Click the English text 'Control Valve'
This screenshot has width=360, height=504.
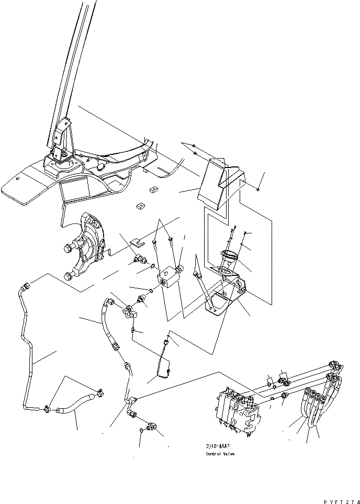(x=220, y=454)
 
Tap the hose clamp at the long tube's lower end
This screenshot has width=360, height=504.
(x=48, y=409)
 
